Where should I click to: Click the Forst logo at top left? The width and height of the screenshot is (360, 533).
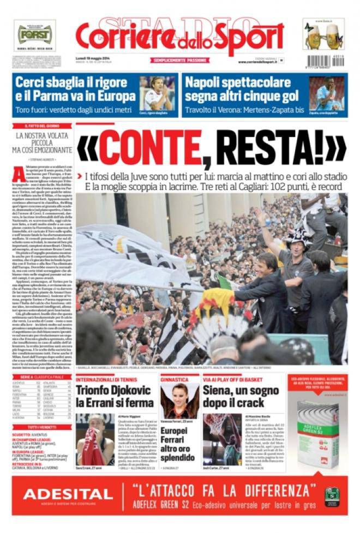[34, 35]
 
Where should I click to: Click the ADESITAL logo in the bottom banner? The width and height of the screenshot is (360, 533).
[68, 495]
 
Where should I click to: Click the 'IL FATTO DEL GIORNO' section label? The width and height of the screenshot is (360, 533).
[42, 125]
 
